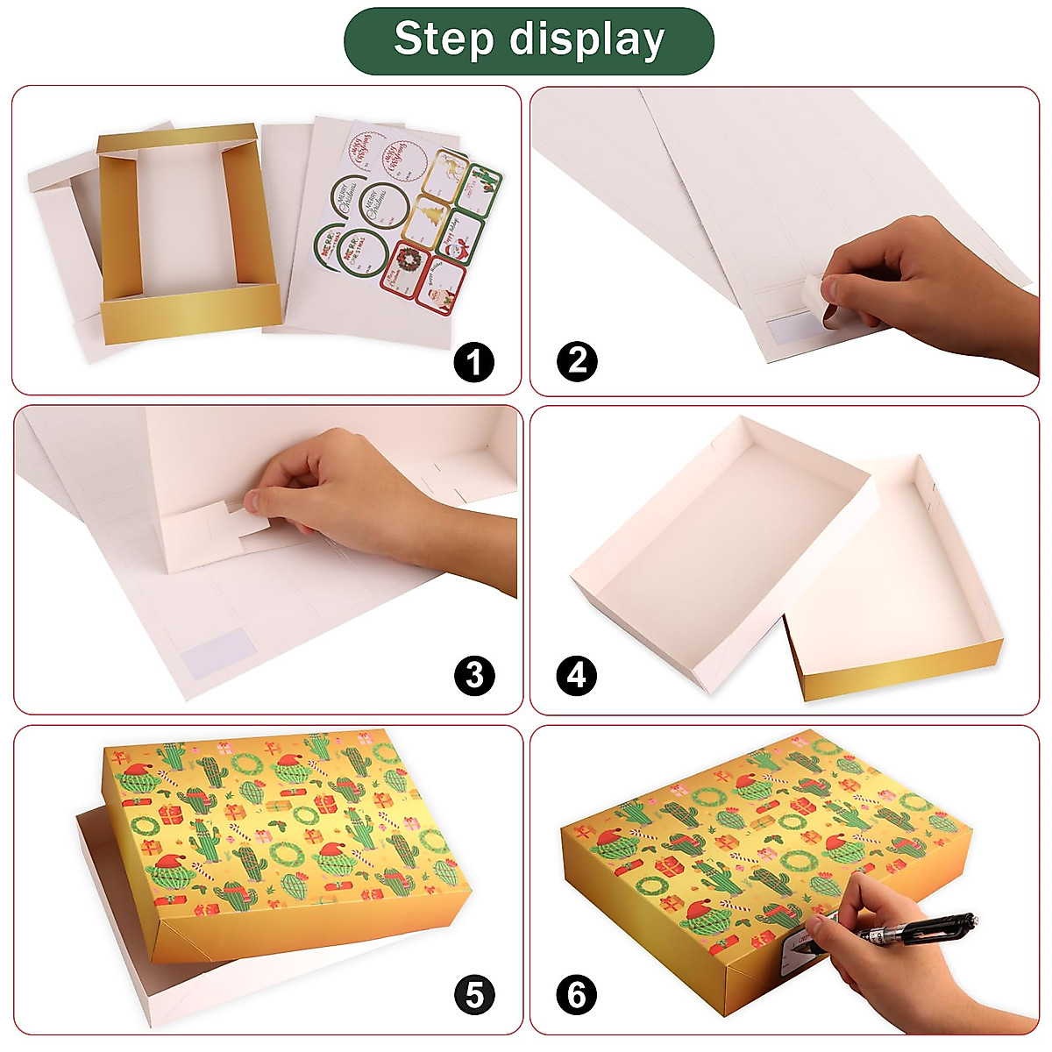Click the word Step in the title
(443, 39)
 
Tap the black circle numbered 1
(474, 362)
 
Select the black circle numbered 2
(577, 360)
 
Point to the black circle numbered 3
(474, 676)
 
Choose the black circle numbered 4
(577, 676)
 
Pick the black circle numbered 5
(474, 995)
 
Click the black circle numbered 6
(577, 995)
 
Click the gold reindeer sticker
(451, 168)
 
